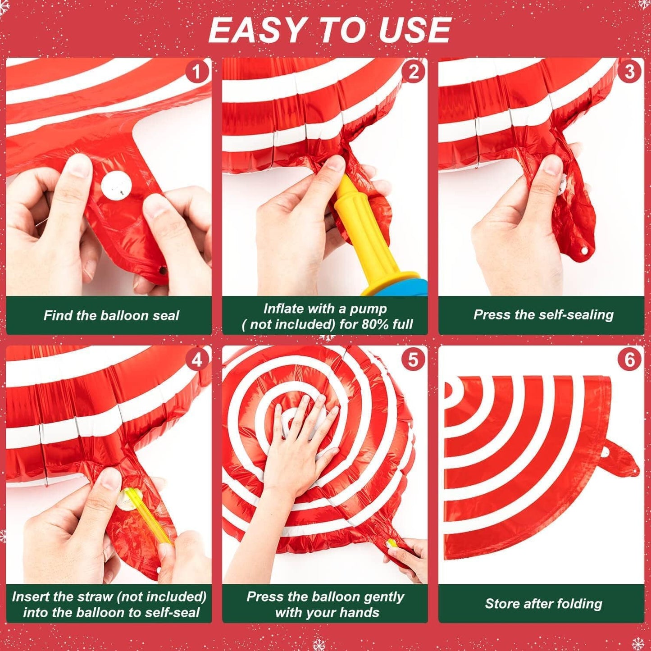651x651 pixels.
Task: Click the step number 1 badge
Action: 196,72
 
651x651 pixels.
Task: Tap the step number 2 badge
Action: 413,72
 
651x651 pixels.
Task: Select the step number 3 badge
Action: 629,72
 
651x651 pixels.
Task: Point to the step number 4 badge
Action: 197,360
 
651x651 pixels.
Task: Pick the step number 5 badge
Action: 413,360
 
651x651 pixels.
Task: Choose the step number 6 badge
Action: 629,360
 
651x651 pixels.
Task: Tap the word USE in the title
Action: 414,31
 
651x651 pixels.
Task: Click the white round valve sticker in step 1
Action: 116,186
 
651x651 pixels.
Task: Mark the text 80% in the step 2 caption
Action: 373,324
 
